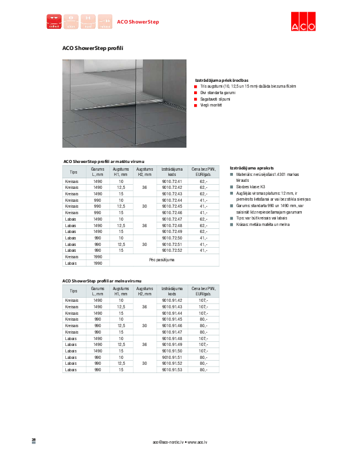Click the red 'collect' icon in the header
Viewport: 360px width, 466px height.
point(54,21)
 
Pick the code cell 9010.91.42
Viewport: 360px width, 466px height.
point(172,301)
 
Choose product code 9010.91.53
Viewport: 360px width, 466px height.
point(172,370)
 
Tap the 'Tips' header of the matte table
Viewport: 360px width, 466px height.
point(74,171)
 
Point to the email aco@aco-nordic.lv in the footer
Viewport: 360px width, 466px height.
point(169,441)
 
